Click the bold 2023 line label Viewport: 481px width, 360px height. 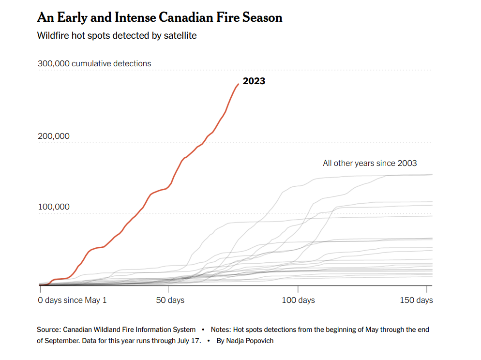(254, 81)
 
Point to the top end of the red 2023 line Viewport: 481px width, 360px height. (238, 84)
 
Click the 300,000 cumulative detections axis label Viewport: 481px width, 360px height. (94, 63)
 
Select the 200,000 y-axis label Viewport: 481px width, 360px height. (54, 136)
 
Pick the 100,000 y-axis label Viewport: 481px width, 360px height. (54, 207)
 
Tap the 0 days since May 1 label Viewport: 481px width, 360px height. (73, 300)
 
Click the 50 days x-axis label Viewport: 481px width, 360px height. (170, 300)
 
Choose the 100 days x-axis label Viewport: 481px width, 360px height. (299, 300)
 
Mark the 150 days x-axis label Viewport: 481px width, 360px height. (417, 300)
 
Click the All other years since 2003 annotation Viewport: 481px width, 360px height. (370, 163)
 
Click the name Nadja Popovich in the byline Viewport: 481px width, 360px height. (250, 341)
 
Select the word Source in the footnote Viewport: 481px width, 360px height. (49, 330)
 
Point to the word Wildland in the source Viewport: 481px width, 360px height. (107, 330)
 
